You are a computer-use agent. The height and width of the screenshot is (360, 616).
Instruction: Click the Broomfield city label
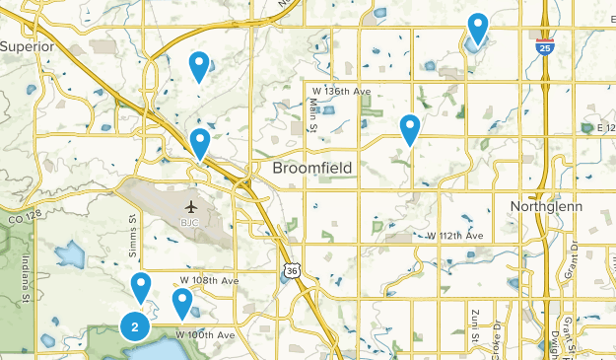[x=312, y=170]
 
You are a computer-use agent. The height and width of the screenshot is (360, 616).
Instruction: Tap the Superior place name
[x=26, y=46]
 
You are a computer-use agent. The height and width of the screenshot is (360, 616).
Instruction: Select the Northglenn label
[x=547, y=206]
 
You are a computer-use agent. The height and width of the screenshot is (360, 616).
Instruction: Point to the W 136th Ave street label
[x=337, y=92]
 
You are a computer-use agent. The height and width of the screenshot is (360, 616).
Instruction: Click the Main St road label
[x=311, y=114]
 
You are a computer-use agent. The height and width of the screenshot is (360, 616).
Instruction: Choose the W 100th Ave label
[x=206, y=335]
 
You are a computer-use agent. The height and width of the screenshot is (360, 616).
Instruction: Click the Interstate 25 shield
[x=546, y=44]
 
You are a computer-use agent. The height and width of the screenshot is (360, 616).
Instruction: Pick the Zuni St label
[x=474, y=326]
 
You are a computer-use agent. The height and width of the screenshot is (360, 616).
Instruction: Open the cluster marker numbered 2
[x=134, y=325]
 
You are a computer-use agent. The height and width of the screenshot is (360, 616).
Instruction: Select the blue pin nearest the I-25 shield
[x=478, y=29]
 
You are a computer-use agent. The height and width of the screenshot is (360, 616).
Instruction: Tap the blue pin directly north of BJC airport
[x=200, y=144]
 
